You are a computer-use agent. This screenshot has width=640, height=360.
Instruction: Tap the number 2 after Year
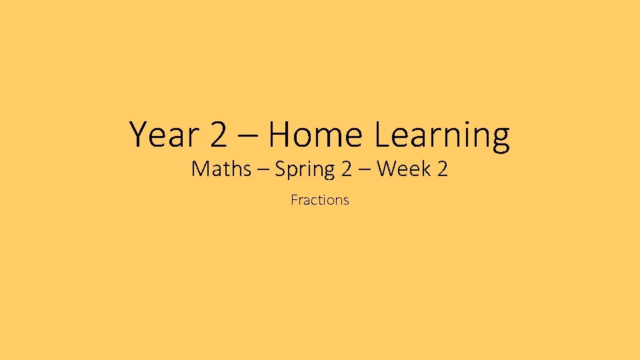pos(218,135)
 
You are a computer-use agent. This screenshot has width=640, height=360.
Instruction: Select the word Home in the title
pos(315,135)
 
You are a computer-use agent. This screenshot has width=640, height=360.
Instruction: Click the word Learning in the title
pos(442,136)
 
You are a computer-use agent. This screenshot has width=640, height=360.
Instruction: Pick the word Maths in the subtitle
pos(220,169)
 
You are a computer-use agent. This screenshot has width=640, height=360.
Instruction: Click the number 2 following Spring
pos(346,169)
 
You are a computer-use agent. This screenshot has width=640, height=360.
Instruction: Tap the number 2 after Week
pos(443,169)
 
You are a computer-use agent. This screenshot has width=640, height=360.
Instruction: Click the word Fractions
pos(320,199)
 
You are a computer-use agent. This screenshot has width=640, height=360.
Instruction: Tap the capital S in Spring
pos(281,169)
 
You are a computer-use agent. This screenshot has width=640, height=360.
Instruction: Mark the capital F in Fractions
pos(294,199)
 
